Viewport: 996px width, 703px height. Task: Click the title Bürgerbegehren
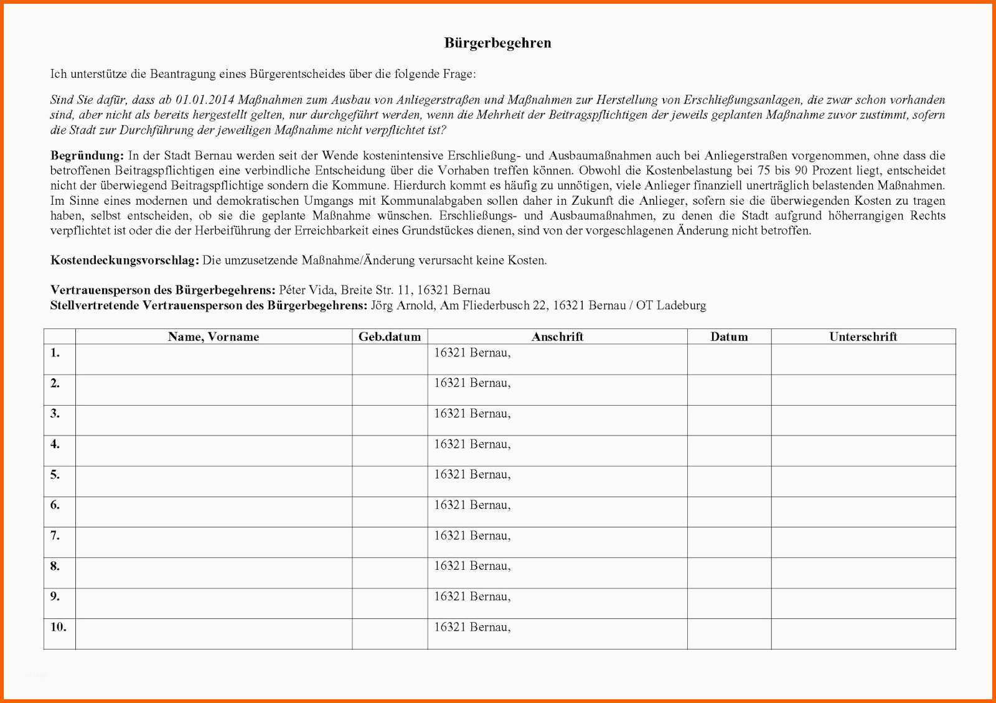(497, 43)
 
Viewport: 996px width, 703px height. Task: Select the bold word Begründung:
(87, 156)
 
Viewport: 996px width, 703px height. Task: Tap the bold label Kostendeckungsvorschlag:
(125, 261)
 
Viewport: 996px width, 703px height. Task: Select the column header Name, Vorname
(213, 337)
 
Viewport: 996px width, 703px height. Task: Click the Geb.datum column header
(390, 337)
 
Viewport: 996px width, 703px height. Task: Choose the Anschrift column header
(557, 337)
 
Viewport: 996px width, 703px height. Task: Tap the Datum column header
(729, 337)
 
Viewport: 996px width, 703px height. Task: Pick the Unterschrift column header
(863, 337)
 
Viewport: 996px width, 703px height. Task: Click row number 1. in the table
(55, 353)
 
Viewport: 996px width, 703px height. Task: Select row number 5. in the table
(55, 475)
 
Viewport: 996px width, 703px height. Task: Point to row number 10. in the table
(58, 628)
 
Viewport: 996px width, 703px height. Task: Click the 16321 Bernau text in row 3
(472, 414)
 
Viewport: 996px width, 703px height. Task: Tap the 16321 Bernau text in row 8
(472, 567)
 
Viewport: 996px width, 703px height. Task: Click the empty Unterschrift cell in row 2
(863, 390)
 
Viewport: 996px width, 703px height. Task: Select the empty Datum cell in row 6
(729, 512)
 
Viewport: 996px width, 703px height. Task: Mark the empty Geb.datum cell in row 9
(390, 603)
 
